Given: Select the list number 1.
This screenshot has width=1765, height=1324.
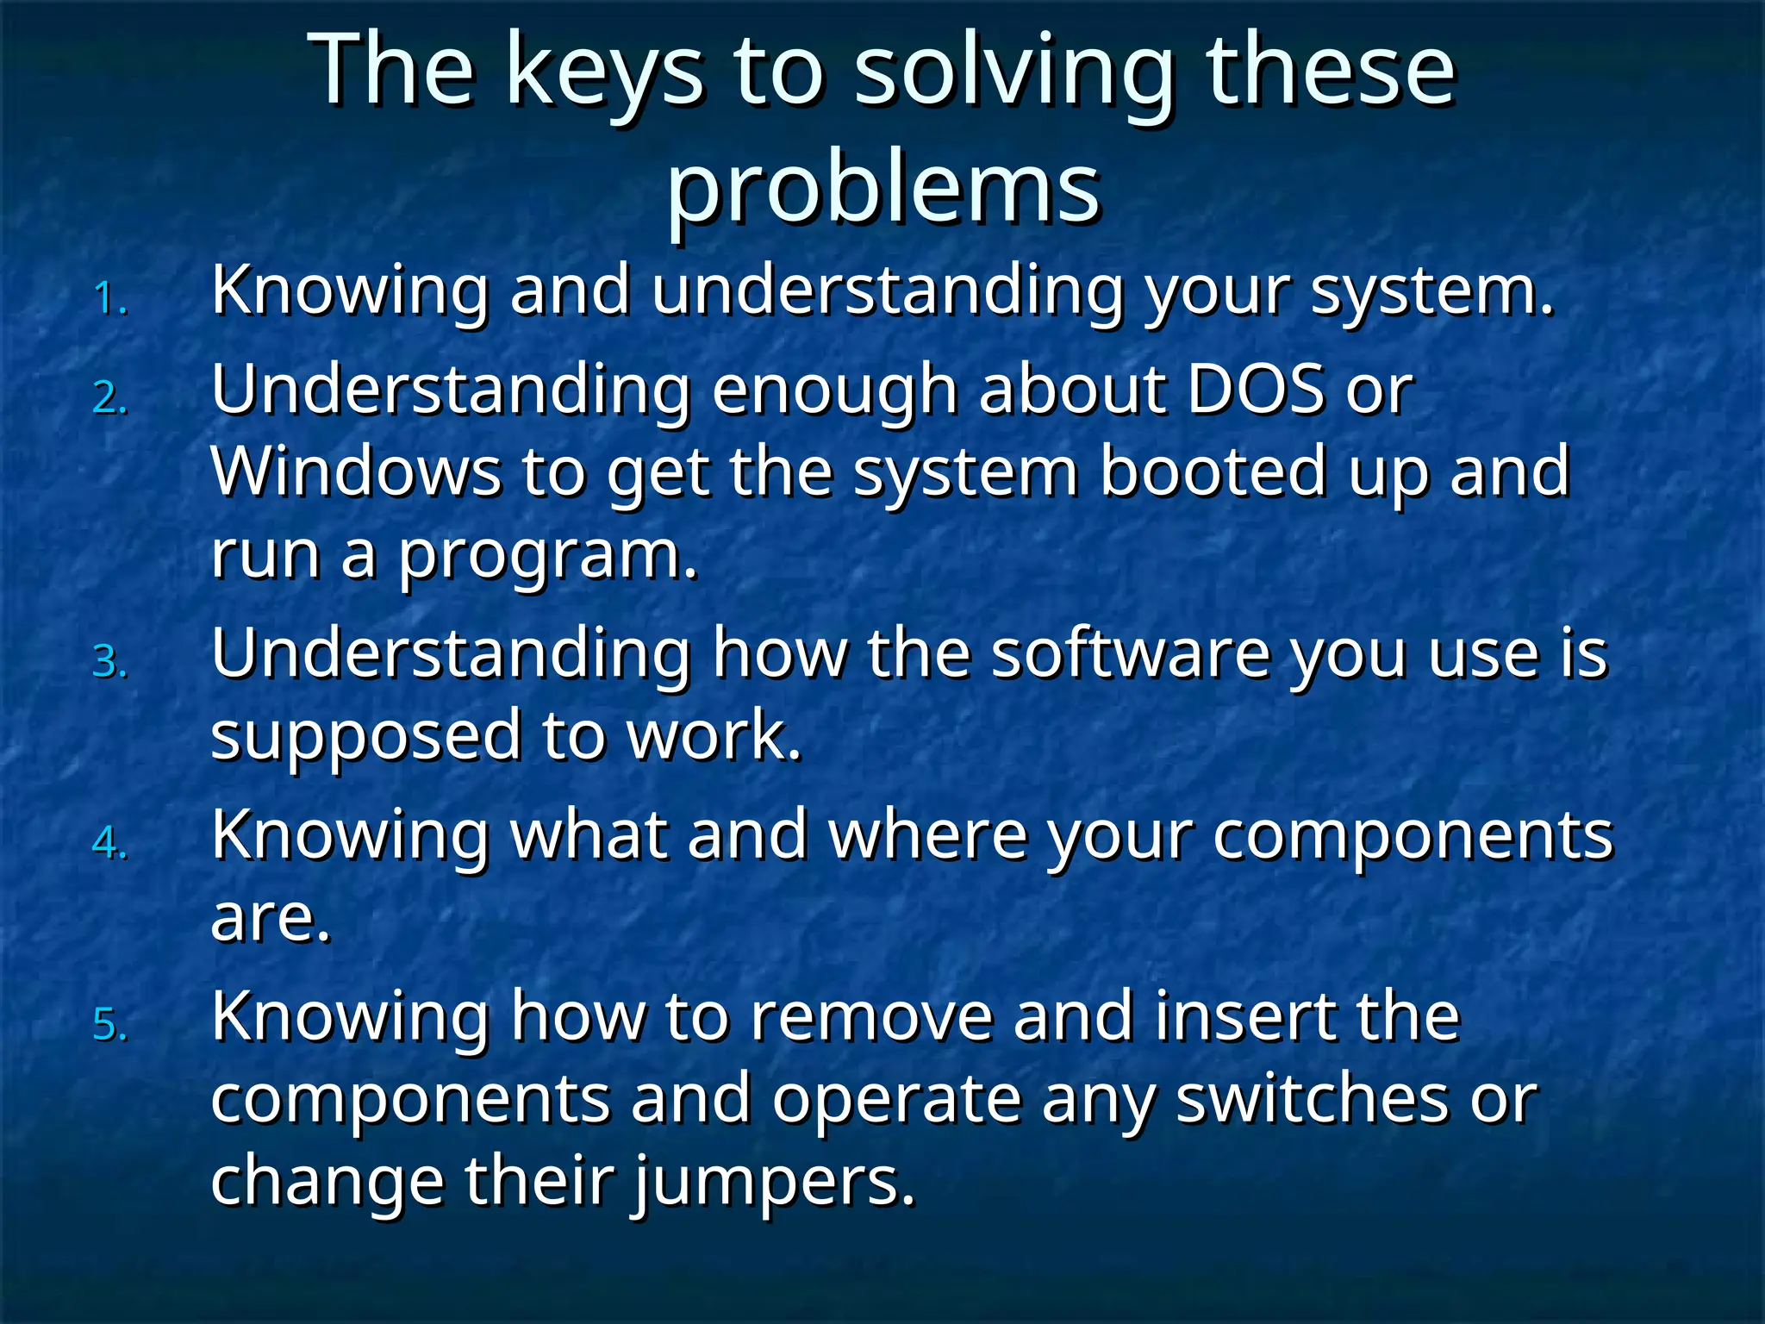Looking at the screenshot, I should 110,299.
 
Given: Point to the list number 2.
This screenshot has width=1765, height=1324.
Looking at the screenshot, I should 110,399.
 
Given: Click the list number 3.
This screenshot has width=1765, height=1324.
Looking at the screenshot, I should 110,663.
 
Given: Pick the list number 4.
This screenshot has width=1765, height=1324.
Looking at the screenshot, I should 110,843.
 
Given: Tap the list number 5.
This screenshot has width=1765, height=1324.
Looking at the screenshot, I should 110,1026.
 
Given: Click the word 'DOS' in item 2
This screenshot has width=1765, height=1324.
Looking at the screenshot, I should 1256,390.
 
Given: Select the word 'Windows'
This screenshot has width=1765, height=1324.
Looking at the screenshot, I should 356,472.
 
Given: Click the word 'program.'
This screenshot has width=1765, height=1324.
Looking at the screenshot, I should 547,556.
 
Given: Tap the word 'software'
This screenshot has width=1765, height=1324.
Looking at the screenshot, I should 1130,653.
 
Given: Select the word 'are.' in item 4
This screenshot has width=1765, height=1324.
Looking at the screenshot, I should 271,917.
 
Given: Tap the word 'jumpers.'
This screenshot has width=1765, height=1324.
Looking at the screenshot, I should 775,1183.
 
